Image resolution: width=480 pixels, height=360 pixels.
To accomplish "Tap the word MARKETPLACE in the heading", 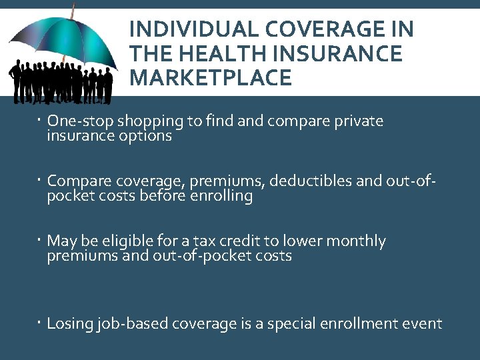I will click(211, 78).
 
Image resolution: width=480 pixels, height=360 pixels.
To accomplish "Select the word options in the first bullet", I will click(144, 136).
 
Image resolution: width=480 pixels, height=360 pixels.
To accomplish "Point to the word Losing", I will click(70, 324).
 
